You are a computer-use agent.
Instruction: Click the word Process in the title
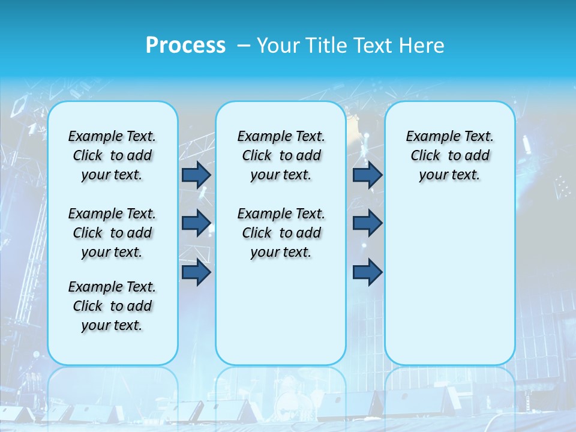point(185,46)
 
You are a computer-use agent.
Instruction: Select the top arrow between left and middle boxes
point(196,175)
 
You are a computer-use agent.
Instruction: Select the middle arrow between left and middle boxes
point(196,223)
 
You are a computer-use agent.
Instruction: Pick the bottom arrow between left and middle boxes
point(196,272)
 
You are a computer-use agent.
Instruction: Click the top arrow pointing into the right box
point(367,175)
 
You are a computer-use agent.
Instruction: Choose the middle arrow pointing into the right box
point(367,223)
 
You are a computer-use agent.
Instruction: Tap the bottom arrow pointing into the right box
point(367,272)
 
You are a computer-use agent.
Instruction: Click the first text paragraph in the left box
point(112,155)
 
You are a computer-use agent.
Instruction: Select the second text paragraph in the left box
point(112,233)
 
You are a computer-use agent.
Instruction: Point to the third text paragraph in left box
point(112,306)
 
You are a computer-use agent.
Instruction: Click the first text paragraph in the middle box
point(281,155)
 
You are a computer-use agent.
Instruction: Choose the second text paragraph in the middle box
point(281,233)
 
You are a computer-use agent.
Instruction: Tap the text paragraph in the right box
point(449,155)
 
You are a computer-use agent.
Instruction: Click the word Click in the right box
point(425,155)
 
